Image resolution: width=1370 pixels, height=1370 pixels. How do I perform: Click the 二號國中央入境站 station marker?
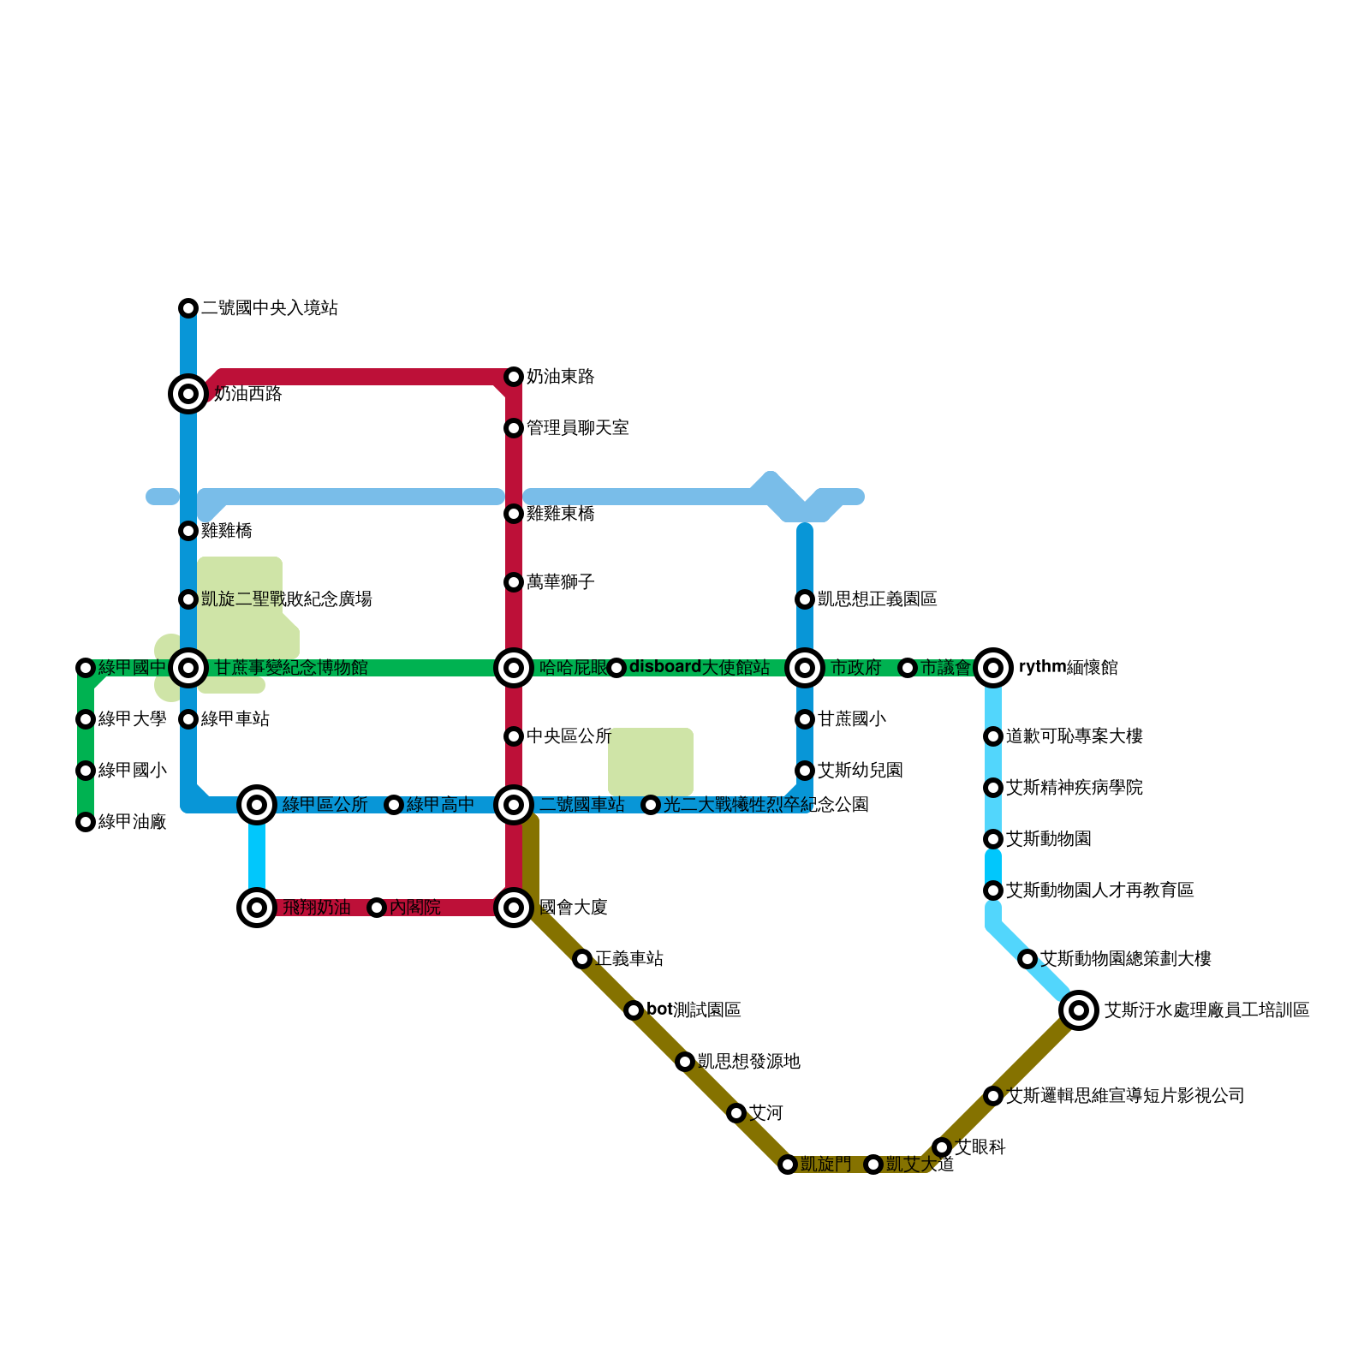[x=188, y=308]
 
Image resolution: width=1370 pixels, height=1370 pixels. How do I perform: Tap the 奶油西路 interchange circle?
[x=188, y=394]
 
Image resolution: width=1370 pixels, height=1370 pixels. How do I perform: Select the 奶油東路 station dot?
[x=514, y=377]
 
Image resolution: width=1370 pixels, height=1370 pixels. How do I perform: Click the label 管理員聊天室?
[x=577, y=428]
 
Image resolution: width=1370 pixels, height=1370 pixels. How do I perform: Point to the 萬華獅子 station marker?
[x=514, y=582]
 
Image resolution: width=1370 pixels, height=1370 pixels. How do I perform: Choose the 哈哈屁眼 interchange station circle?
[x=514, y=668]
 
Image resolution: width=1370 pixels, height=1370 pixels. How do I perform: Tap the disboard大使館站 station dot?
[x=616, y=668]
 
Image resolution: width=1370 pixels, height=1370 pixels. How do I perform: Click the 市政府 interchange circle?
[x=805, y=668]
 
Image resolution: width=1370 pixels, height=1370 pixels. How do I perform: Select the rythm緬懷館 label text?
[x=1068, y=668]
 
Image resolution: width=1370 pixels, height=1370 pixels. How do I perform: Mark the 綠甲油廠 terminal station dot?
[x=86, y=822]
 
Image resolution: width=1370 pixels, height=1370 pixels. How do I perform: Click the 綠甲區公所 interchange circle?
[x=257, y=804]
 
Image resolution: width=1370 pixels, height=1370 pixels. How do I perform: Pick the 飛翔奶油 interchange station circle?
[x=257, y=908]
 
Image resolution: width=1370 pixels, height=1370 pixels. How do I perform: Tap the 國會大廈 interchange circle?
[x=514, y=908]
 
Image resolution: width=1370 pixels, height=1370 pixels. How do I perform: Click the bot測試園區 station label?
[x=694, y=1010]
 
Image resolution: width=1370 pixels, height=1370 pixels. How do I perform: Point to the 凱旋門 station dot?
[x=788, y=1164]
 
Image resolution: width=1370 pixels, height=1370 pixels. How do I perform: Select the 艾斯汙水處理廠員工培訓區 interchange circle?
[x=1079, y=1010]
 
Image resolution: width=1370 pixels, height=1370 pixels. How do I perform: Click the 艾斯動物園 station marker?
[x=993, y=839]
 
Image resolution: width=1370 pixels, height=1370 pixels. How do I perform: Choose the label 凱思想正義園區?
[x=877, y=599]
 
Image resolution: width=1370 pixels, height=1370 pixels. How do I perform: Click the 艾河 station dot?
[x=736, y=1113]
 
